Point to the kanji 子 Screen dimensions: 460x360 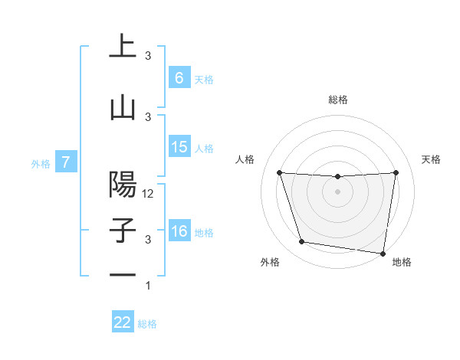click(x=123, y=231)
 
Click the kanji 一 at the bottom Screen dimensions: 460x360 click(x=123, y=274)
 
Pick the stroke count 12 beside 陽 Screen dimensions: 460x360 click(x=149, y=194)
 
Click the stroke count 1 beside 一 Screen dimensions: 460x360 click(x=148, y=286)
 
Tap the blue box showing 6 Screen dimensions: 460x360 click(x=179, y=78)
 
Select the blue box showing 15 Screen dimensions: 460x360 click(x=179, y=147)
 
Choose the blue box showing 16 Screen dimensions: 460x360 click(x=179, y=231)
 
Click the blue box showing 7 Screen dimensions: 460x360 click(x=67, y=162)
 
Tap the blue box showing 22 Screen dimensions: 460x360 click(x=123, y=322)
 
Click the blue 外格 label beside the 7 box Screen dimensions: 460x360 click(x=40, y=163)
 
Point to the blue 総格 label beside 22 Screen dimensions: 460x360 click(x=148, y=324)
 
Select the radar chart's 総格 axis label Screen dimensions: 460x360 click(x=338, y=100)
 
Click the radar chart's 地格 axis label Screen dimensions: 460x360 click(x=402, y=262)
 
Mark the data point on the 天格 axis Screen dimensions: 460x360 click(x=396, y=172)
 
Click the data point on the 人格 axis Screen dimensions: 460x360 click(x=279, y=172)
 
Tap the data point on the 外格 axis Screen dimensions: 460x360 click(x=302, y=242)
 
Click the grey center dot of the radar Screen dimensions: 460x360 click(x=337, y=191)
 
